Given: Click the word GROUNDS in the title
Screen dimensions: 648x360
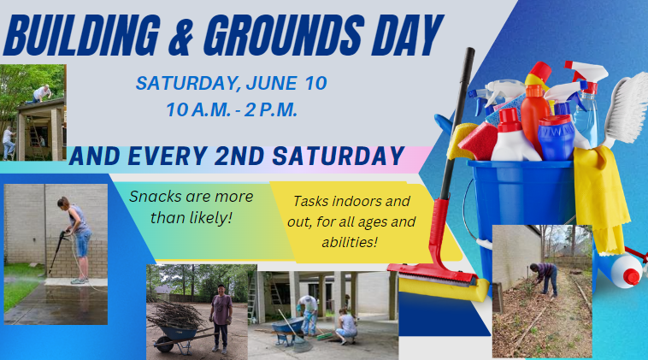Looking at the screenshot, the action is (x=284, y=36).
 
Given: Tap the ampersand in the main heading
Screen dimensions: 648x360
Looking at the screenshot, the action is (x=180, y=36).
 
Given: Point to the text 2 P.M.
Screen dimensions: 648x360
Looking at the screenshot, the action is (x=271, y=110).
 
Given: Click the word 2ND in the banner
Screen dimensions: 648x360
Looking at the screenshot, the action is (x=239, y=156).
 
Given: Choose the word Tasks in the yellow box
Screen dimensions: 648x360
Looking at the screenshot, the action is (x=310, y=201).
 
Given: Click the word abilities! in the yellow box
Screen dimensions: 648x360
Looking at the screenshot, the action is (x=350, y=242).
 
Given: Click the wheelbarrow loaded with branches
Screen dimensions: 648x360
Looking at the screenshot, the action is (x=178, y=331).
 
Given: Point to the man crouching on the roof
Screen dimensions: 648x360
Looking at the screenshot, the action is (x=41, y=93).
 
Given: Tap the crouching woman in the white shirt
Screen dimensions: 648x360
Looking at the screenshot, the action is (x=346, y=327).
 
